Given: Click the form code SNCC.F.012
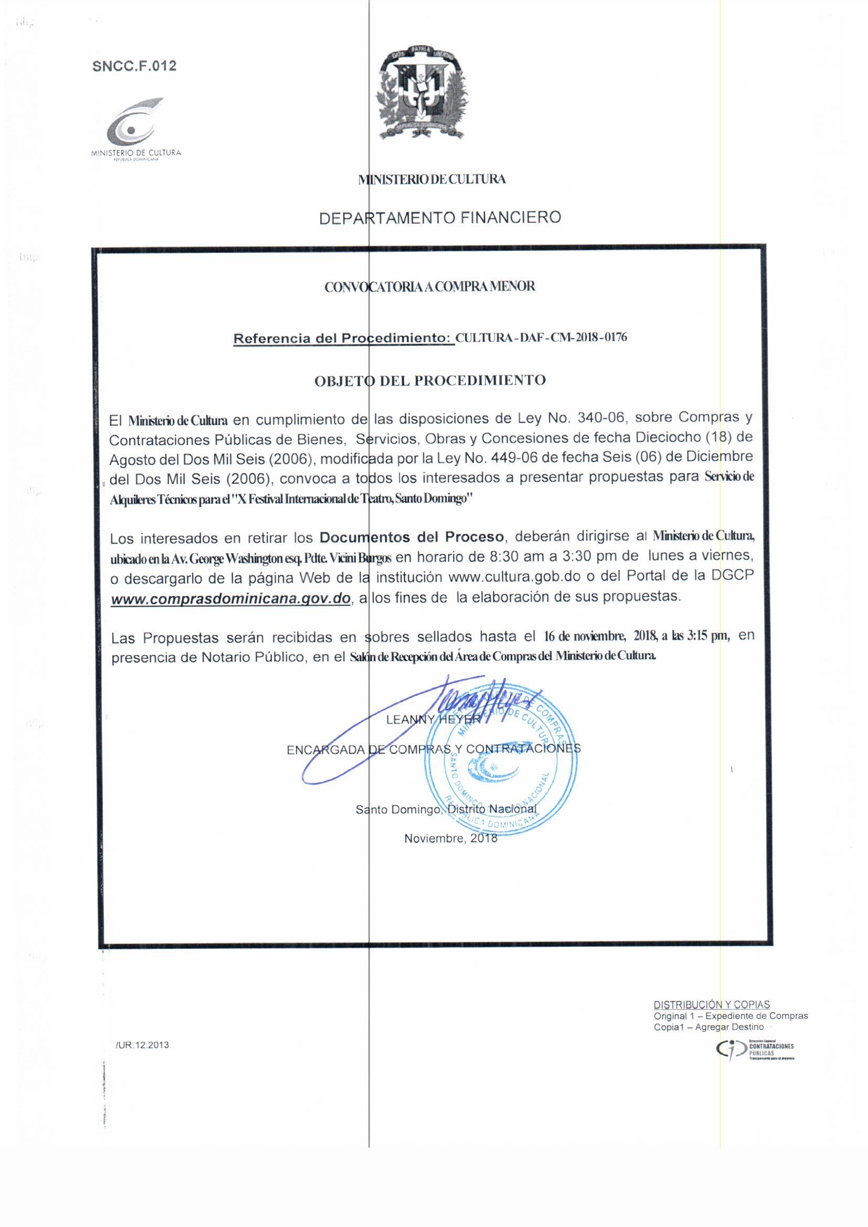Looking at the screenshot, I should click(134, 66).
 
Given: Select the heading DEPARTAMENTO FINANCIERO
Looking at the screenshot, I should click(439, 218).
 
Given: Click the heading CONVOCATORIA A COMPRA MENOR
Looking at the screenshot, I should click(429, 287).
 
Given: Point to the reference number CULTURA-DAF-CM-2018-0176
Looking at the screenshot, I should click(541, 338).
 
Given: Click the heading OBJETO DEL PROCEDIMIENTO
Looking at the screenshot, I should click(430, 380).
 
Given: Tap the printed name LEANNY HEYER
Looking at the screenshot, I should click(433, 720).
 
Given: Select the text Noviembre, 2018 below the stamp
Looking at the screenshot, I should click(450, 838).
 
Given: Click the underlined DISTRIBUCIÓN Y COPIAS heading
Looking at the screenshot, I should click(712, 1004).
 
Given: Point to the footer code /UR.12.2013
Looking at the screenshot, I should click(142, 1045).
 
